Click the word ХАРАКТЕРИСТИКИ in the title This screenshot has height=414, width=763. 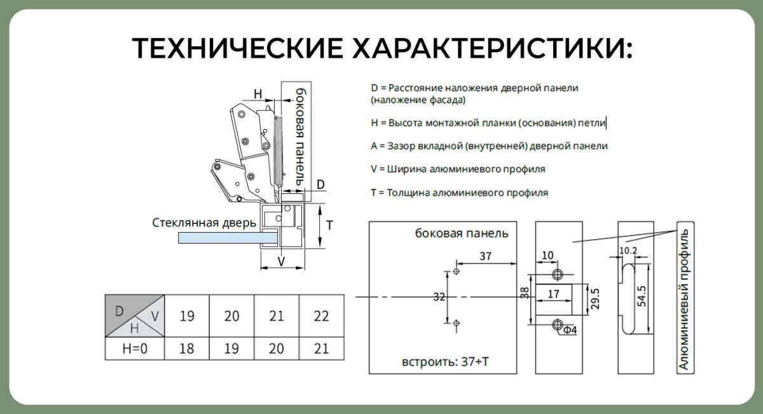click(x=492, y=48)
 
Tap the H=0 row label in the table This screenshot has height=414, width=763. click(x=135, y=348)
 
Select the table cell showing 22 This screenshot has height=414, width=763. click(x=321, y=316)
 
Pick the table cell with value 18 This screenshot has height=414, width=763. click(x=187, y=348)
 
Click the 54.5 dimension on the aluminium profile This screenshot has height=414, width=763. click(x=642, y=296)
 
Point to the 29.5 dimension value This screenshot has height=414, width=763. click(x=595, y=299)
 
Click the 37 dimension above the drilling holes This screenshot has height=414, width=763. click(x=485, y=256)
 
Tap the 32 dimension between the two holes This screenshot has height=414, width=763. click(x=439, y=297)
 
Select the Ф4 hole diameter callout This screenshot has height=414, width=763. click(x=570, y=330)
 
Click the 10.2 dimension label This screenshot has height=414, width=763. click(x=628, y=251)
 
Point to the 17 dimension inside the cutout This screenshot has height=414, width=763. click(x=554, y=294)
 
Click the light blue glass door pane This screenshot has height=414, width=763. click(x=228, y=237)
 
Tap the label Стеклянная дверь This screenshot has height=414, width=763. click(x=203, y=223)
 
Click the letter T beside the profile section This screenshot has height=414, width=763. click(x=329, y=225)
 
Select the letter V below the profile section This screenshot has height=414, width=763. click(x=281, y=261)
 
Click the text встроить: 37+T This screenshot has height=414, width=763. click(x=445, y=361)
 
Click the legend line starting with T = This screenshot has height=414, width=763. click(x=460, y=193)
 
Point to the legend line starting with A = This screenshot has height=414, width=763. click(x=489, y=146)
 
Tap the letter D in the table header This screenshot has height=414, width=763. click(x=120, y=311)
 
